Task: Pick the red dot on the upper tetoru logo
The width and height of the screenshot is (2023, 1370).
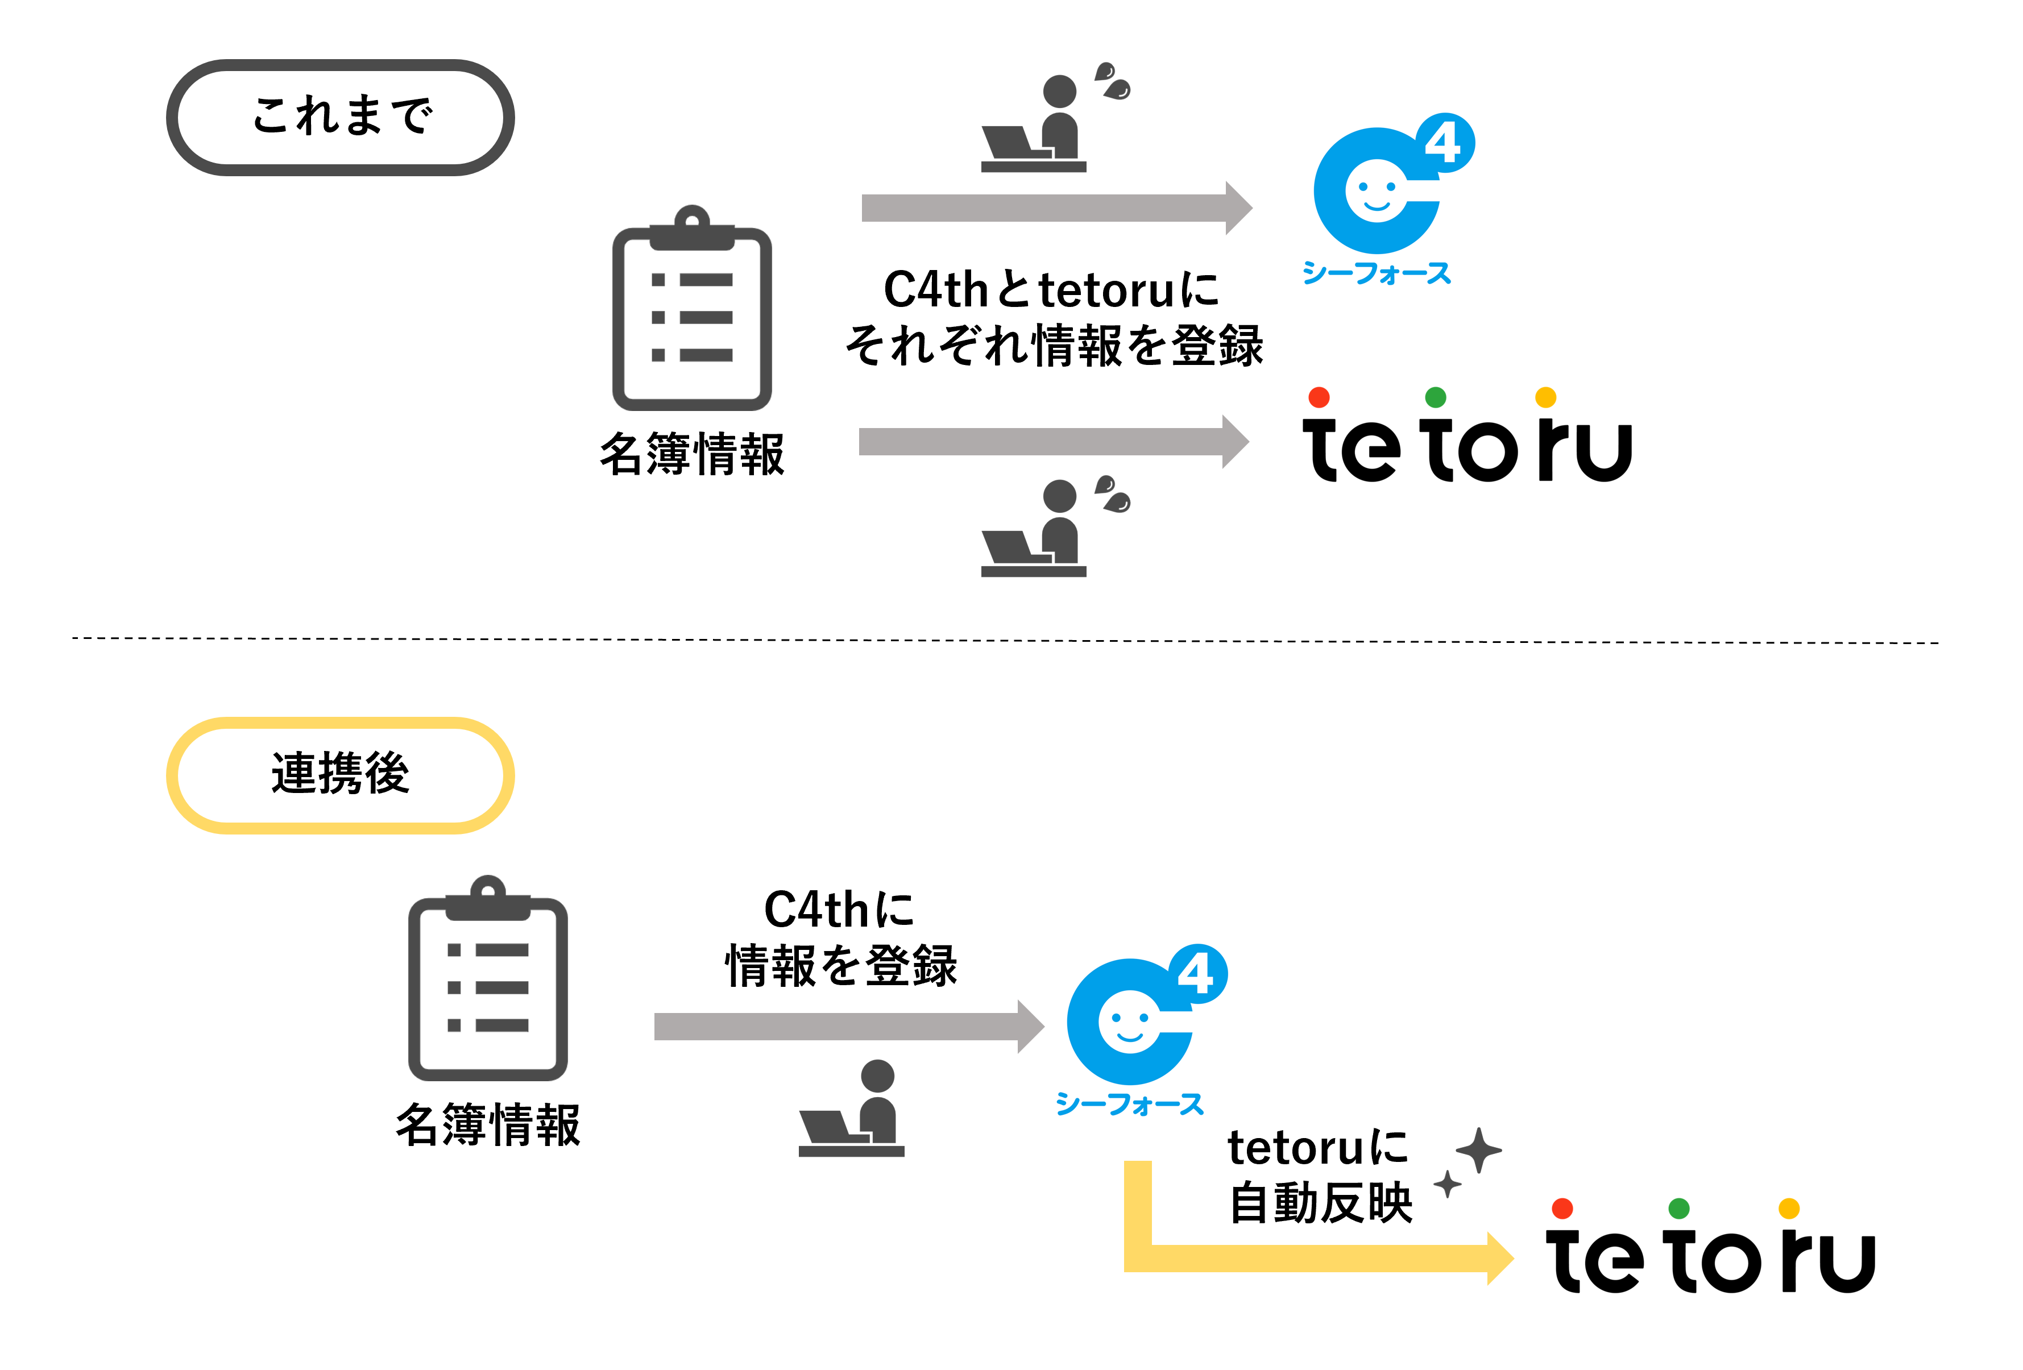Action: pos(1319,397)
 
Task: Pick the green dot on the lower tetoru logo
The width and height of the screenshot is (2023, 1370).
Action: pos(1679,1208)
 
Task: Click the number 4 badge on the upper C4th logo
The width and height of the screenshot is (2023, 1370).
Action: pos(1444,143)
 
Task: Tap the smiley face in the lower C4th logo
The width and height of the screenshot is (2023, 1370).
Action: pos(1129,1023)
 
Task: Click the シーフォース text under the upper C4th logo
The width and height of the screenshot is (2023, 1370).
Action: pos(1376,273)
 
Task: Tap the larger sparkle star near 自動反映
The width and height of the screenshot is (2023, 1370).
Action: pos(1478,1150)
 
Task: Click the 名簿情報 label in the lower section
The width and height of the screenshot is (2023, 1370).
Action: pos(487,1124)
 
